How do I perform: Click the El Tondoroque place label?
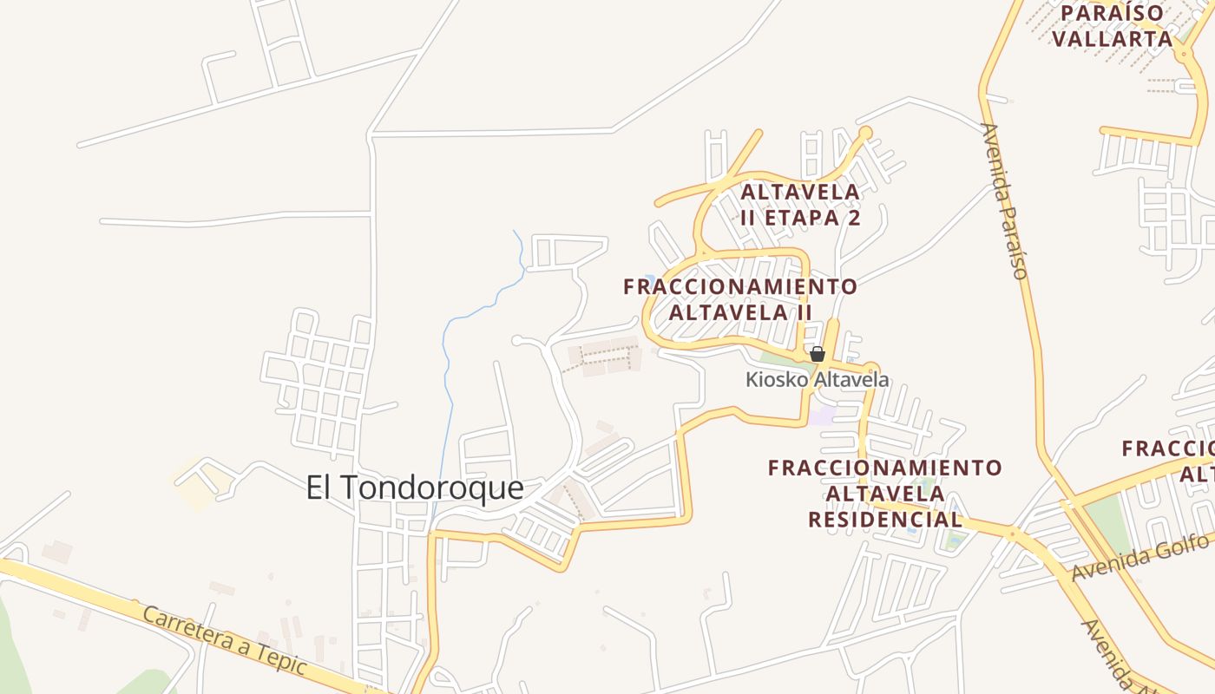pyautogui.click(x=415, y=488)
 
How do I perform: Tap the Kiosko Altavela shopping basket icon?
pyautogui.click(x=817, y=354)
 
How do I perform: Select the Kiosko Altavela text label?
pyautogui.click(x=818, y=380)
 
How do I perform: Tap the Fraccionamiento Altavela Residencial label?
pyautogui.click(x=885, y=494)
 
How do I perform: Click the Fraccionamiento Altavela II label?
pyautogui.click(x=740, y=298)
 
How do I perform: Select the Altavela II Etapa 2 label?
pyautogui.click(x=800, y=205)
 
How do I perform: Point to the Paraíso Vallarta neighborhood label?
pyautogui.click(x=1113, y=26)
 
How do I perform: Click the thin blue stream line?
pyautogui.click(x=448, y=364)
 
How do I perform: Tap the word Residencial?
pyautogui.click(x=885, y=520)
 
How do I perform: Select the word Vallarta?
pyautogui.click(x=1113, y=39)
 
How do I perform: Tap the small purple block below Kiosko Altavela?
pyautogui.click(x=822, y=416)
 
